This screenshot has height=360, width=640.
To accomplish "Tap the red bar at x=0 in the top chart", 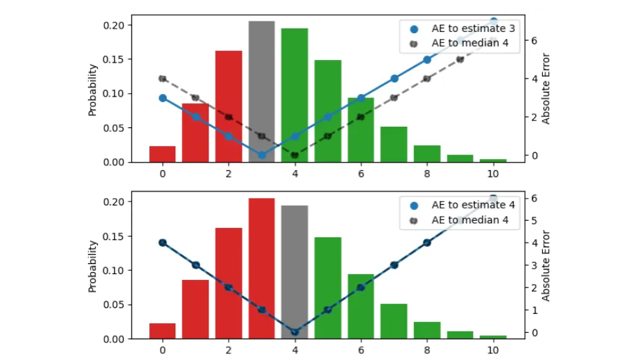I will (x=163, y=154).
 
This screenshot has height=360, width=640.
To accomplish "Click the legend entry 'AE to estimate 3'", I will (x=464, y=29).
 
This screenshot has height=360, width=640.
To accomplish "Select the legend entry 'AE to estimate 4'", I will (x=464, y=205).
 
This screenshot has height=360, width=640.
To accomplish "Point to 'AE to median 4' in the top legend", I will (x=464, y=43).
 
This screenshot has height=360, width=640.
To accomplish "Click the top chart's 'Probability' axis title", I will (x=93, y=90).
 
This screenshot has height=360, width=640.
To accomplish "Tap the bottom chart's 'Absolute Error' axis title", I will (x=546, y=265).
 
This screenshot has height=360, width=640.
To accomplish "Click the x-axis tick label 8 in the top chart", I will (x=427, y=173).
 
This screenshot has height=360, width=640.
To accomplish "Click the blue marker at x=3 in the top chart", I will (x=261, y=155).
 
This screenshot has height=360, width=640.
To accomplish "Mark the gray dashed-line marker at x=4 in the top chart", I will (x=295, y=155).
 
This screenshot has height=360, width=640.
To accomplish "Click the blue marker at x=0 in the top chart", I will (x=163, y=98).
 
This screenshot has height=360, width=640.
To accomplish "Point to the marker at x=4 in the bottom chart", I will (x=294, y=332).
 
